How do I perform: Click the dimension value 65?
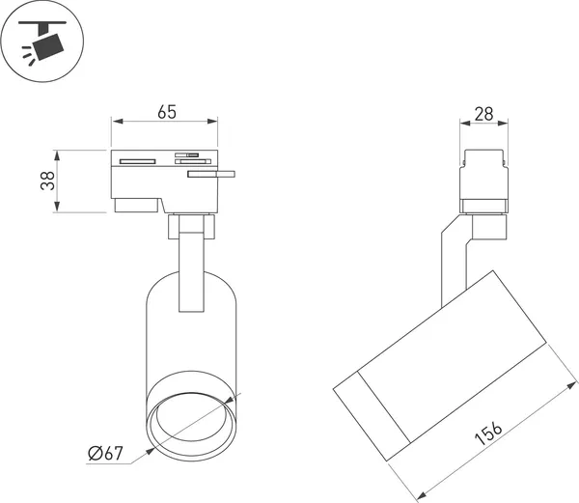[167, 112]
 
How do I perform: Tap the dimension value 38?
[47, 181]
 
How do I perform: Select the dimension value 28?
[483, 114]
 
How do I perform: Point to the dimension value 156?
[488, 433]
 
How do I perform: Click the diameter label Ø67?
[105, 453]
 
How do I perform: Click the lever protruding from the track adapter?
[211, 174]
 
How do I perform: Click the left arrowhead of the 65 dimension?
[118, 121]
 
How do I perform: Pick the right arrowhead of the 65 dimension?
[212, 121]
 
